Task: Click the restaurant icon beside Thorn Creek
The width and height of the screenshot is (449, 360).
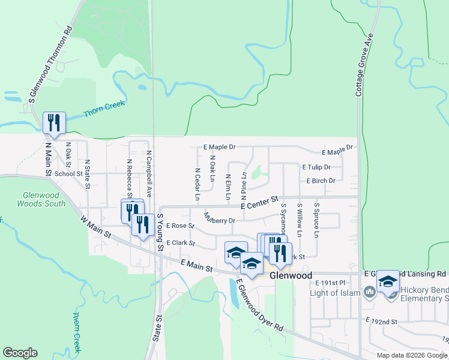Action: (55, 123)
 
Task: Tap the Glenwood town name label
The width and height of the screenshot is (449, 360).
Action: (291, 275)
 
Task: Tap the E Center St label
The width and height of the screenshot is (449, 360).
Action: (261, 202)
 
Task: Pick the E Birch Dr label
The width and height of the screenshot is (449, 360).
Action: (321, 180)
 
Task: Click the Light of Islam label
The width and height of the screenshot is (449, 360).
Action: (334, 293)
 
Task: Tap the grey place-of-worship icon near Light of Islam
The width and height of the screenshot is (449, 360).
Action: (370, 293)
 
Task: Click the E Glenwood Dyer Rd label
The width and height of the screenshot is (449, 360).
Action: (259, 305)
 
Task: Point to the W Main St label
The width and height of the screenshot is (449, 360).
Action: (95, 228)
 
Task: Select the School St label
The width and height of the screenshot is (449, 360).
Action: (68, 174)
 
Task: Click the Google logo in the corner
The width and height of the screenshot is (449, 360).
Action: (20, 353)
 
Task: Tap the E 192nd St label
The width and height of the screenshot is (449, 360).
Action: (382, 322)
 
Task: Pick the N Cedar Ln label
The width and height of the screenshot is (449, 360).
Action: (197, 182)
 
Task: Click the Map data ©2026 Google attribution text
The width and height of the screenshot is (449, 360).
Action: (411, 355)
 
